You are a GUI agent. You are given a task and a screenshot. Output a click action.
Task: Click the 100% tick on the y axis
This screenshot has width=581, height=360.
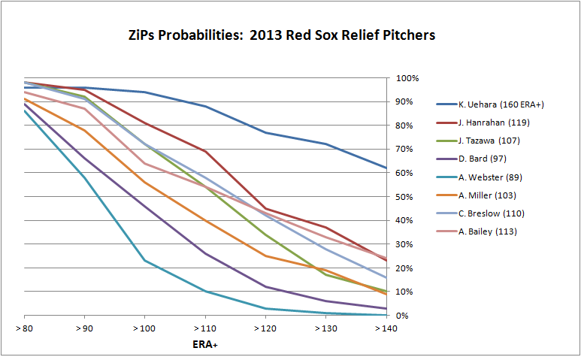(406, 78)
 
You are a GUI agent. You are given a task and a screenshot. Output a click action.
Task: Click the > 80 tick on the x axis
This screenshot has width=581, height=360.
(25, 329)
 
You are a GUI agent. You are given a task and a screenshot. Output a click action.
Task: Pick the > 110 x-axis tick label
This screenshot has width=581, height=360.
(205, 329)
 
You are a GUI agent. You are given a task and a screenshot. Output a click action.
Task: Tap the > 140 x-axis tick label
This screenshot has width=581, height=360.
(386, 329)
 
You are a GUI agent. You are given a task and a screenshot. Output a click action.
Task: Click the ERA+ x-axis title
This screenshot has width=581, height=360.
(205, 345)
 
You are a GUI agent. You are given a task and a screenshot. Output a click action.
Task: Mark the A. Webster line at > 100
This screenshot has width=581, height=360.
(145, 261)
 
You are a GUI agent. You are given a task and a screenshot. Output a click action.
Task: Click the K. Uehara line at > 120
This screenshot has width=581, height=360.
(265, 133)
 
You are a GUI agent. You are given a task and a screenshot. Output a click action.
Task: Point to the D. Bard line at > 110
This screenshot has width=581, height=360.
(205, 253)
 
